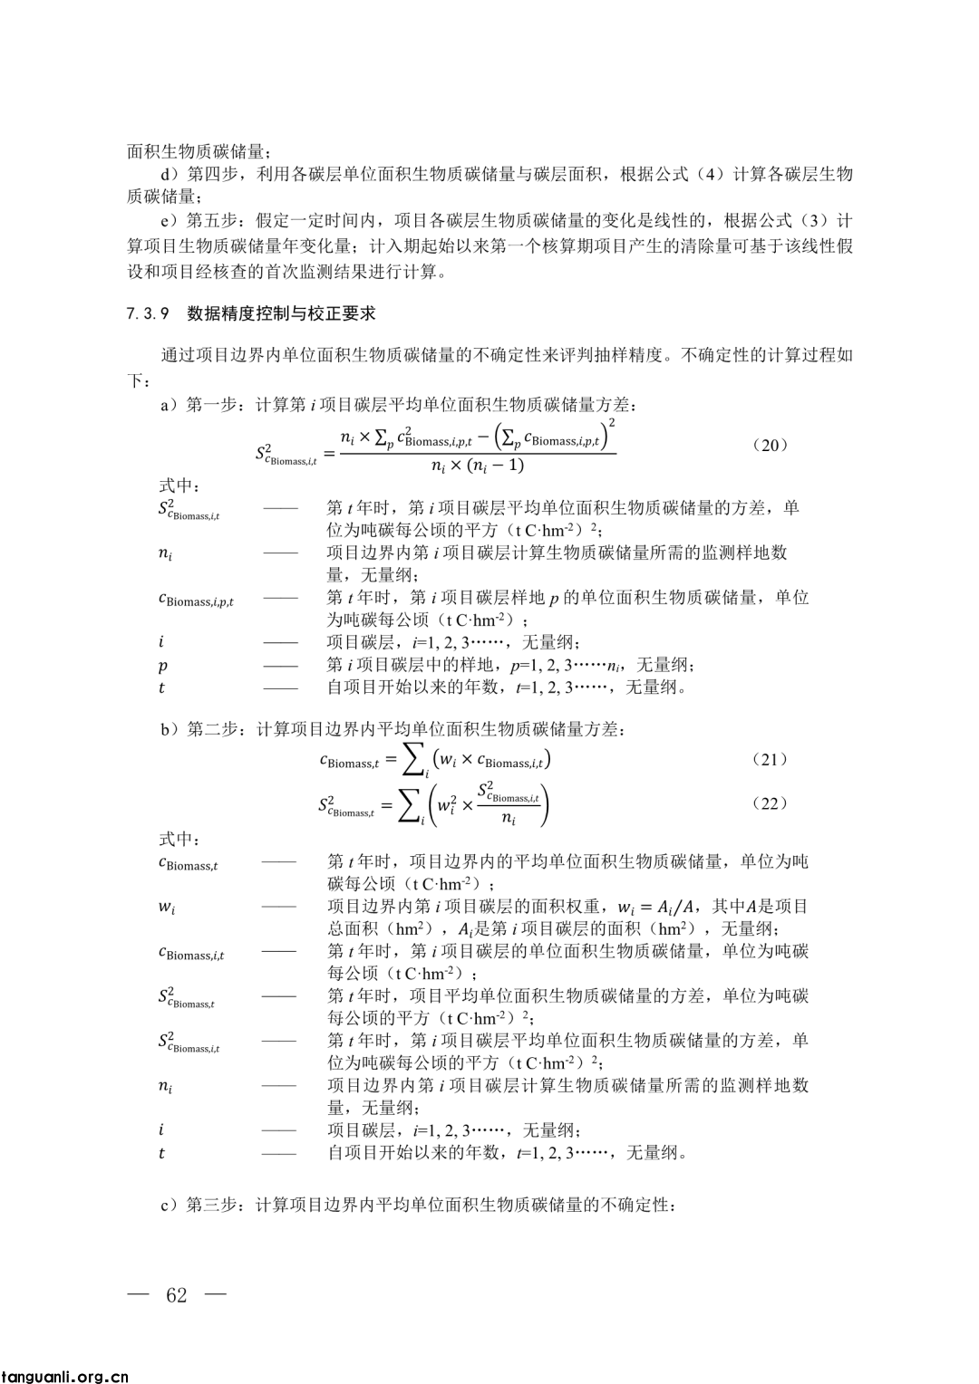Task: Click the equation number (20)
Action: click(771, 445)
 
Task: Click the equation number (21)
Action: click(771, 759)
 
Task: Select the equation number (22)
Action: click(771, 803)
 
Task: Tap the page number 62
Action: click(177, 1294)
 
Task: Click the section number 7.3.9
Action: click(149, 314)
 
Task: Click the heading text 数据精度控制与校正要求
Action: click(281, 314)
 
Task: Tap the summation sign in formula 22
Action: click(410, 804)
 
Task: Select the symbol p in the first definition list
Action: click(162, 666)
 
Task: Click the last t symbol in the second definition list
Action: click(161, 1153)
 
